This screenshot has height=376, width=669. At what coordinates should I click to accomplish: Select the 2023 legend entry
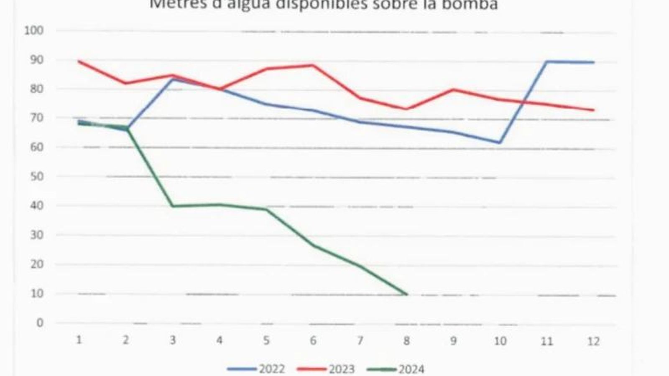coord(326,369)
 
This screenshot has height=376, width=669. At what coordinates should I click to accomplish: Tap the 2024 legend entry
coord(396,369)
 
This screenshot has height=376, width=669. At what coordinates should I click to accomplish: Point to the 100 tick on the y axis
coord(34,30)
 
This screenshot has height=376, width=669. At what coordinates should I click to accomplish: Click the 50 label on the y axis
coord(37,176)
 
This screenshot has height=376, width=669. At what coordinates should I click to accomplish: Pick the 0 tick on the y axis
coord(40,323)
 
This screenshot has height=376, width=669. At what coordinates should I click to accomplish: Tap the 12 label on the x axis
coord(593,342)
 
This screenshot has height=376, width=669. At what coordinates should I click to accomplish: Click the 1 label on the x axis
coord(79,340)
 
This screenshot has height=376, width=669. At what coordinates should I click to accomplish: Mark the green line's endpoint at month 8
coord(406,295)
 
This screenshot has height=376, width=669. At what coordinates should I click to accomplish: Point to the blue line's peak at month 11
coord(547,62)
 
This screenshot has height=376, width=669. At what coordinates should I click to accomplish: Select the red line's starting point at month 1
coord(79,61)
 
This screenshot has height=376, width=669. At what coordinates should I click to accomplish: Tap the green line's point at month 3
coord(173,206)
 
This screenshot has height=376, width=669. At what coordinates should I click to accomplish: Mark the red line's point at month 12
coord(594,110)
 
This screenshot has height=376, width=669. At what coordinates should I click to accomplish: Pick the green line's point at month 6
coord(313,245)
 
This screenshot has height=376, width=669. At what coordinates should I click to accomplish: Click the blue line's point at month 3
coord(173,79)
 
